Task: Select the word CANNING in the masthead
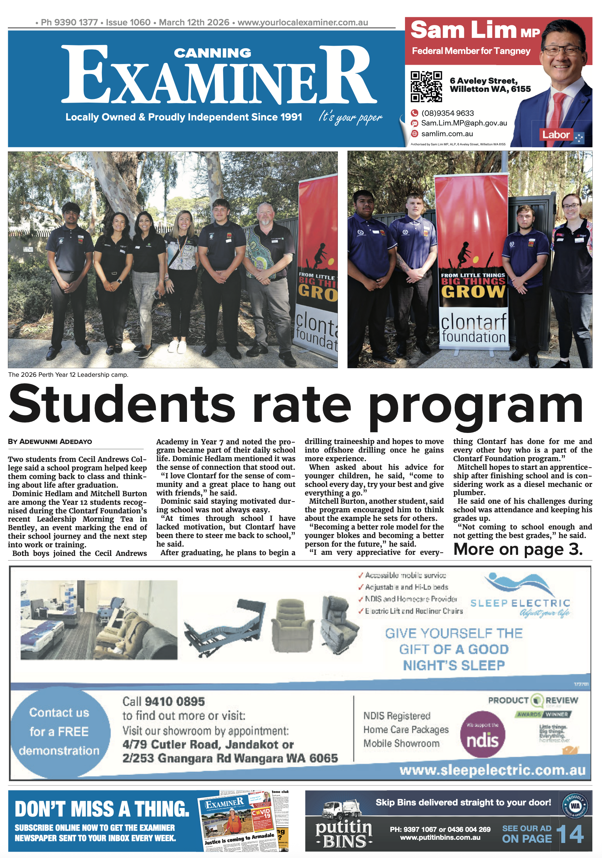pos(212,53)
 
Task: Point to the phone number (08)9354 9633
pos(447,113)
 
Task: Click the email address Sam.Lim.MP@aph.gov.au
pos(464,123)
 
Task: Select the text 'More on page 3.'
pos(518,549)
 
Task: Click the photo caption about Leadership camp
pos(68,375)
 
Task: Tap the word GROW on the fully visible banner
pos(473,291)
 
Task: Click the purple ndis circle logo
pos(482,734)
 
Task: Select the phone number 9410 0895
pos(174,701)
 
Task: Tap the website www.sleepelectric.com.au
pos(492,770)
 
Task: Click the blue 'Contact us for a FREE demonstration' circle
pos(60,731)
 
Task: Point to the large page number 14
pos(570,834)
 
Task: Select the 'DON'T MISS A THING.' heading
pos(102,809)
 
